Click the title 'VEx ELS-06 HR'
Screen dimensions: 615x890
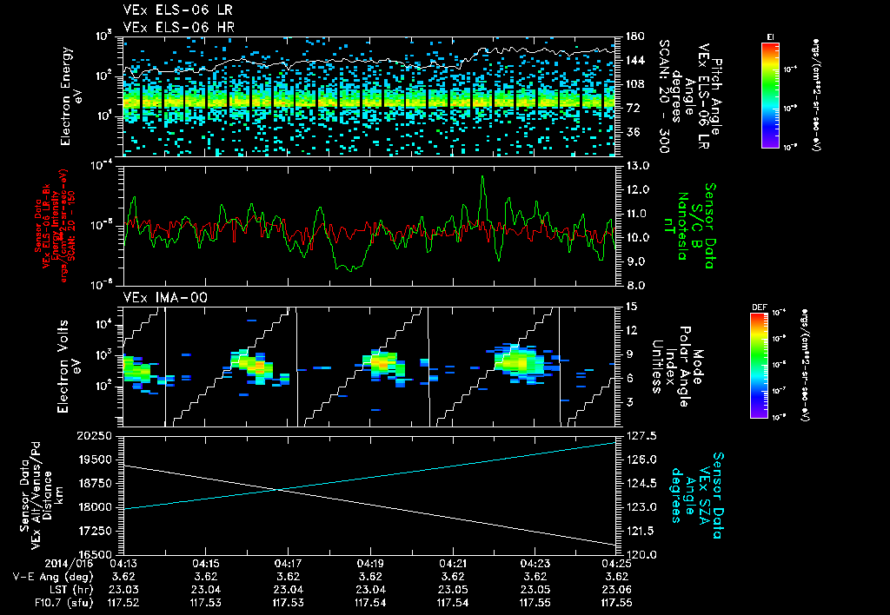click(x=168, y=26)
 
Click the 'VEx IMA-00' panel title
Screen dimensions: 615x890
click(x=156, y=297)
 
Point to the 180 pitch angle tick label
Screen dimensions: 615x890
click(x=633, y=36)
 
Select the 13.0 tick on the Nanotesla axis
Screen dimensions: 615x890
click(x=633, y=165)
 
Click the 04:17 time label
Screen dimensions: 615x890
click(x=289, y=563)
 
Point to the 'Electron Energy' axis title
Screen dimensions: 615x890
click(x=66, y=96)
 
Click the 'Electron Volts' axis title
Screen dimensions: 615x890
click(x=66, y=361)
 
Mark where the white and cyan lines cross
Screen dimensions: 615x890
click(x=277, y=490)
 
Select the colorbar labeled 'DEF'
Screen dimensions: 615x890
click(x=758, y=365)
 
